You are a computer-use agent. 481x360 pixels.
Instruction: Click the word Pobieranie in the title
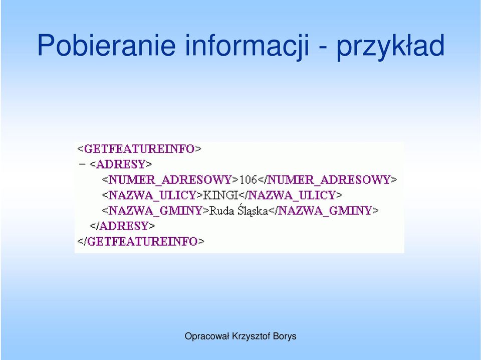coord(106,45)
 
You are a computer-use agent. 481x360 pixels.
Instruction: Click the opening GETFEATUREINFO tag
coord(139,149)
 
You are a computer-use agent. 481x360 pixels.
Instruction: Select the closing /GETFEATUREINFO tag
coord(141,241)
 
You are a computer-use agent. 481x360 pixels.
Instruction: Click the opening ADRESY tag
coord(121,164)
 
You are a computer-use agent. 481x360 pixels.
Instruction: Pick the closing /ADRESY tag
coord(122,226)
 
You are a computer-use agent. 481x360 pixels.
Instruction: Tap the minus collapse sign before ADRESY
coord(82,164)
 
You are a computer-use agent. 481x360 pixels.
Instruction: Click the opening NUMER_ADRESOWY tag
coord(170,179)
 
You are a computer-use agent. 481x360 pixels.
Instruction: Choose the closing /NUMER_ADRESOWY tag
coord(328,179)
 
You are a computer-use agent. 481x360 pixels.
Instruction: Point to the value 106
coord(248,179)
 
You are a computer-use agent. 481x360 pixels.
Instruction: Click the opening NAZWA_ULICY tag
coord(152,195)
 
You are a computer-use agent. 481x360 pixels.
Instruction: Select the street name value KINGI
coord(221,195)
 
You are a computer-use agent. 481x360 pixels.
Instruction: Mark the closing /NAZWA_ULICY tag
coord(290,195)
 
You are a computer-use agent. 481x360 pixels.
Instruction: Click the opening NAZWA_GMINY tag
coord(155,211)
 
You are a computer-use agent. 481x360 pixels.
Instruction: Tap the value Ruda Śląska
coord(238,211)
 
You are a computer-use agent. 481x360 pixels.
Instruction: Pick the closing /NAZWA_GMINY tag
coord(324,211)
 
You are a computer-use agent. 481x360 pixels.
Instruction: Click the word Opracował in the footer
coord(207,336)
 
